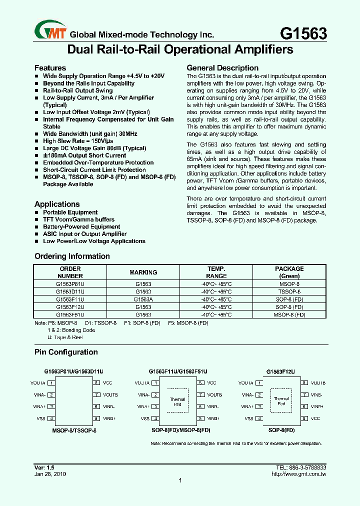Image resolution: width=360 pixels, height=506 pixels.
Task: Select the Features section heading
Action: click(x=50, y=68)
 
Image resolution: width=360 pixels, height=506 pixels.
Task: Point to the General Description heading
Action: click(x=222, y=68)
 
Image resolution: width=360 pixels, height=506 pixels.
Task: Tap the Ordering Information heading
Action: click(x=72, y=256)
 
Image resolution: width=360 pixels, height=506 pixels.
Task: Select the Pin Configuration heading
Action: click(x=66, y=352)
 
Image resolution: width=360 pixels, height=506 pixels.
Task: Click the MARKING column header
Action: click(x=143, y=272)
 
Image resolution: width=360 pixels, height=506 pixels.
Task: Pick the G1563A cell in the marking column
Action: click(x=143, y=299)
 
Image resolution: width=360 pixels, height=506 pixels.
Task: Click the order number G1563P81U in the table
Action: click(x=70, y=283)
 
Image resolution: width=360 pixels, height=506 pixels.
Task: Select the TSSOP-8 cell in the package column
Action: click(x=289, y=291)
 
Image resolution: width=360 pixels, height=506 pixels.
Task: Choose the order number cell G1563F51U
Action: click(x=70, y=314)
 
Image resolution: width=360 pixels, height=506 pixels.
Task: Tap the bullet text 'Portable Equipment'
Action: click(x=70, y=212)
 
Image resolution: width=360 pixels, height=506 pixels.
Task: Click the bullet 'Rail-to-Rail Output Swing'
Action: click(x=77, y=90)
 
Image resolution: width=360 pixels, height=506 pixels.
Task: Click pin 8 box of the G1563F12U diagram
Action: click(x=303, y=383)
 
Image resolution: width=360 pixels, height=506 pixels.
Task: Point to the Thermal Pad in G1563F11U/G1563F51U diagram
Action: click(x=177, y=401)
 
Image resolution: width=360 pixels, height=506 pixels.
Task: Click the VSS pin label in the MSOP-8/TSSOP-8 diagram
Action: click(x=41, y=418)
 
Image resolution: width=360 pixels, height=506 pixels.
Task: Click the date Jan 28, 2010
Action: click(x=50, y=473)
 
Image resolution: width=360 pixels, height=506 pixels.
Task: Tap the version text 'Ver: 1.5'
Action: click(x=44, y=467)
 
